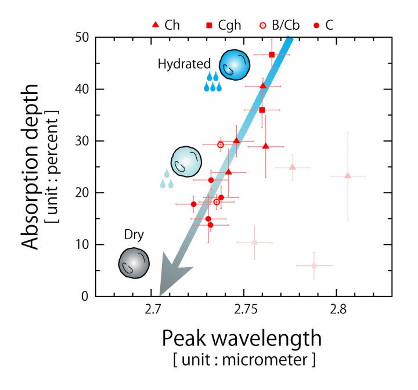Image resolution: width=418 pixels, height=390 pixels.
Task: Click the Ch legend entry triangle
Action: coord(155,25)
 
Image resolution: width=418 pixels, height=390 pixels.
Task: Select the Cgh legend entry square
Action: coord(208,25)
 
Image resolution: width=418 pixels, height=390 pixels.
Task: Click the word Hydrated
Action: coord(179,64)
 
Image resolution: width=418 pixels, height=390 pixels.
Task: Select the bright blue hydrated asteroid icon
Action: coord(235,65)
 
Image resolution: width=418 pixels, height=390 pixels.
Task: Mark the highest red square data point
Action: coord(272,55)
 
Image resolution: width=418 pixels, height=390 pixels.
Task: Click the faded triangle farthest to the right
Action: coord(347,176)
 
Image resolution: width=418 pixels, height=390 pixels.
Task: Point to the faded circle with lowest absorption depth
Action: coord(314,266)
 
